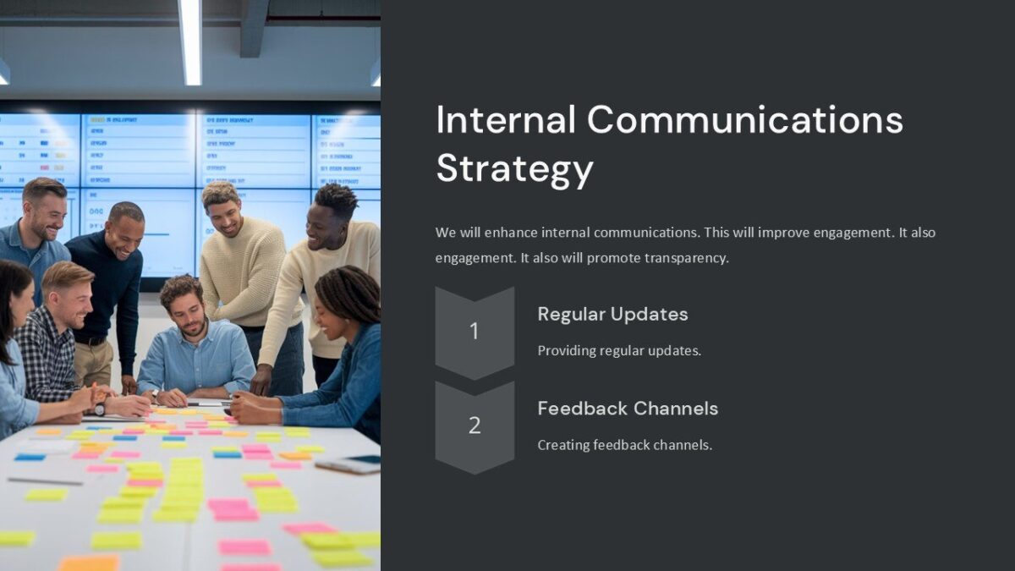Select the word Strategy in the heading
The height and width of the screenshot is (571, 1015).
pos(514,168)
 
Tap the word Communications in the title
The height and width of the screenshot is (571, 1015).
pos(744,119)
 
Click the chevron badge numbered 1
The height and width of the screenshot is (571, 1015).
pos(475,332)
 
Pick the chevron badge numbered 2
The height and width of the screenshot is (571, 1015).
pos(475,426)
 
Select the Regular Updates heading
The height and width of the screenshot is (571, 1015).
pos(612,314)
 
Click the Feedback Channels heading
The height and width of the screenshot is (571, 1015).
pos(628,408)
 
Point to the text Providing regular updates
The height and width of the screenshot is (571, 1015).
pos(619,350)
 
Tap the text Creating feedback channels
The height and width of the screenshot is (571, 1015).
pos(624,444)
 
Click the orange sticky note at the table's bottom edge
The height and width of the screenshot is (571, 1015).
pos(89,563)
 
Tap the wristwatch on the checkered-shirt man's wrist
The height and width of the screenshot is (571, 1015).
pos(100,409)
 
